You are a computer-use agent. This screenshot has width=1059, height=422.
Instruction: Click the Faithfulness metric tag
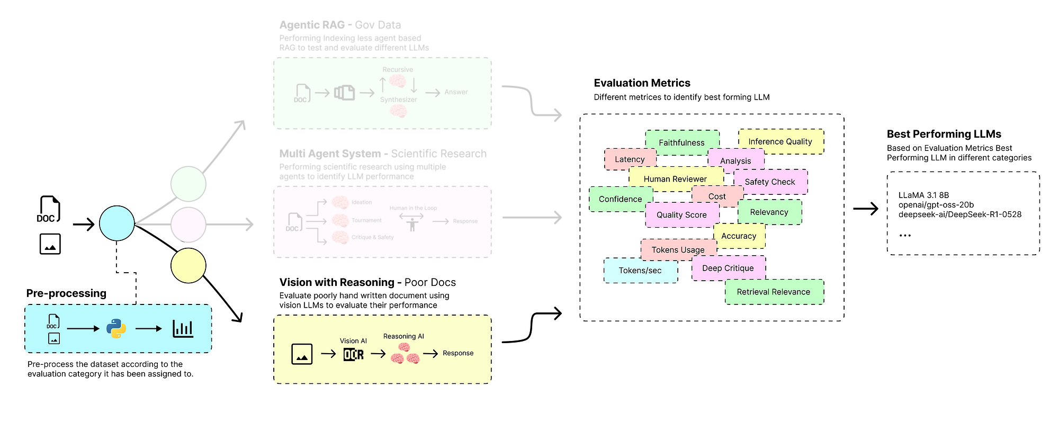pos(682,142)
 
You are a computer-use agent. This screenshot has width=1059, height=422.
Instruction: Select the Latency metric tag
pos(630,159)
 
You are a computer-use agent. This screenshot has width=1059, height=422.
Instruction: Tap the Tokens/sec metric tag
pos(640,270)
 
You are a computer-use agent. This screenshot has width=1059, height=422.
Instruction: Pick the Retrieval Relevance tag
pos(774,292)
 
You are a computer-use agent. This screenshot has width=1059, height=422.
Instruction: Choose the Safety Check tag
pos(770,182)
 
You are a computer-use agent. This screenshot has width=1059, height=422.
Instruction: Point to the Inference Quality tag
pos(780,141)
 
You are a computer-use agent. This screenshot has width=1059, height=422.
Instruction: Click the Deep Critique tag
pos(728,268)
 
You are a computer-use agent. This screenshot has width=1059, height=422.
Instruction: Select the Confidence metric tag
pos(620,199)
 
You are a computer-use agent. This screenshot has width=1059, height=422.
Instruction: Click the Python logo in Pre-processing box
pos(116,329)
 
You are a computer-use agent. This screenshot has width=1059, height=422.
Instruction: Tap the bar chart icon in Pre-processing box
pos(183,329)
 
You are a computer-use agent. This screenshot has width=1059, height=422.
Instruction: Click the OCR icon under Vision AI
pos(354,354)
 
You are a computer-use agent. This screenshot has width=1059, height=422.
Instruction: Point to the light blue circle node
pos(117,223)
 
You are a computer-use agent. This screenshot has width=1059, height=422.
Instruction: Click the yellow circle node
pos(188,265)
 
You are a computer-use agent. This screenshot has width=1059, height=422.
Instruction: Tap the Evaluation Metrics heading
pos(642,83)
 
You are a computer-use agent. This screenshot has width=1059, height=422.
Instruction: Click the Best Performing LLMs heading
pos(944,134)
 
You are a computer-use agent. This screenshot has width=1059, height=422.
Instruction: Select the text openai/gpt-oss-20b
pos(936,205)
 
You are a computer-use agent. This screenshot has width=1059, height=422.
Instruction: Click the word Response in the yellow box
pos(458,353)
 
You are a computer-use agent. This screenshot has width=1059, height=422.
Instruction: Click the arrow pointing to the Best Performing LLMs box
pos(866,209)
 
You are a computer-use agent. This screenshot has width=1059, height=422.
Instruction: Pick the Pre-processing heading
pos(66,293)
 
